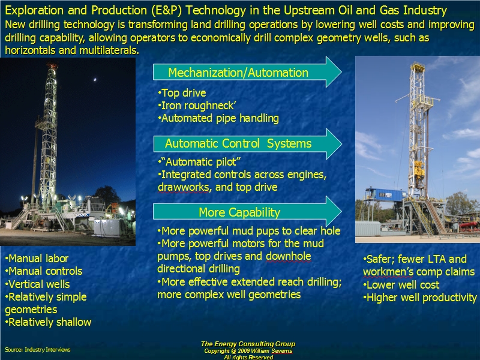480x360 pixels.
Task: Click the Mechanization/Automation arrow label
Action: [x=238, y=73]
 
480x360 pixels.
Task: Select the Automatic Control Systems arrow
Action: [x=238, y=143]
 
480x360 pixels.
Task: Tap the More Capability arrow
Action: [x=239, y=212]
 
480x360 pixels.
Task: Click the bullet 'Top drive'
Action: [x=182, y=93]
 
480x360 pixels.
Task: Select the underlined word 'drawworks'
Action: [x=183, y=187]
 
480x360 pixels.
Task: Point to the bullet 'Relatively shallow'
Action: [x=48, y=322]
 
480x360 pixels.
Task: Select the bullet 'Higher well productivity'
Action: [x=420, y=298]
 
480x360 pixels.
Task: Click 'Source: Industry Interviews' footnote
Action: [x=37, y=349]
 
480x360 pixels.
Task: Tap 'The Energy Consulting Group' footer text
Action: [x=248, y=344]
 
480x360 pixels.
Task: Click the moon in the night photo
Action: [x=94, y=78]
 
